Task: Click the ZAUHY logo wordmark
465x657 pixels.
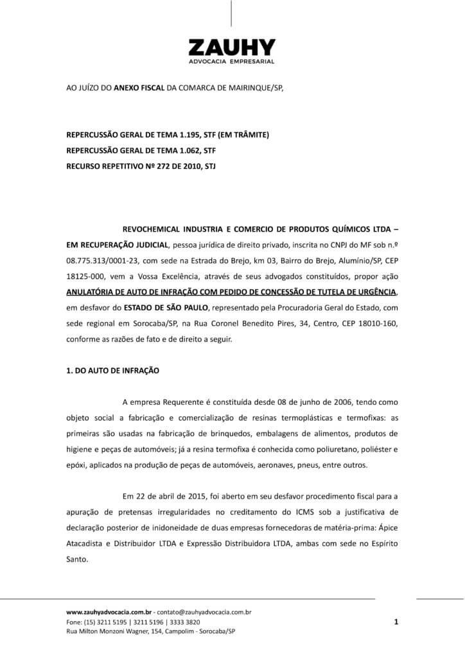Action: pos(232,47)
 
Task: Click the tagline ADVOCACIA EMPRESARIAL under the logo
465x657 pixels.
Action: pos(232,61)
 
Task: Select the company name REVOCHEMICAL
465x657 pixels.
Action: pos(155,229)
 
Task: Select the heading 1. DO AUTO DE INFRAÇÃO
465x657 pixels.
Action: pos(112,370)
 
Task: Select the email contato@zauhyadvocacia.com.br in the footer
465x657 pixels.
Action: pos(205,612)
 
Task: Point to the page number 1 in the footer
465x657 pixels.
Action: pos(396,621)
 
